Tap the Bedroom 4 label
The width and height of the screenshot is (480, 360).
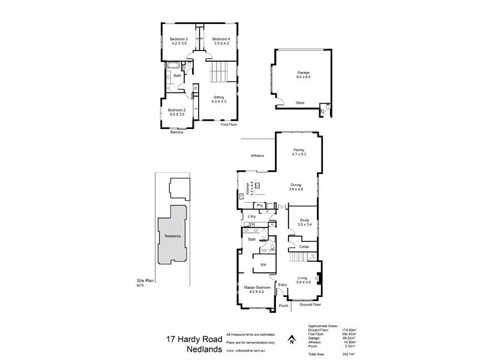(221, 41)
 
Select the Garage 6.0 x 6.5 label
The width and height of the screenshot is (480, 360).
(303, 74)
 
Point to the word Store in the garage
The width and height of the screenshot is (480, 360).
(299, 103)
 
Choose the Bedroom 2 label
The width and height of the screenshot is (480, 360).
(177, 112)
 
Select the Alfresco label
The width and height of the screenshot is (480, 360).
(258, 156)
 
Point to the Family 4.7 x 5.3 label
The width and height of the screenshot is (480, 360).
(299, 152)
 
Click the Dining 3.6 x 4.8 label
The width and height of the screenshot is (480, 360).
(296, 187)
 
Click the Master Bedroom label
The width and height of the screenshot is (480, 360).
(257, 290)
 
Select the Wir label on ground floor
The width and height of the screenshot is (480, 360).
(263, 264)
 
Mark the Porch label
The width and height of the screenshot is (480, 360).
(284, 305)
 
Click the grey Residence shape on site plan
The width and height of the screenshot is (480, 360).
(173, 236)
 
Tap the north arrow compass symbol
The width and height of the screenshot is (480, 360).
(291, 341)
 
